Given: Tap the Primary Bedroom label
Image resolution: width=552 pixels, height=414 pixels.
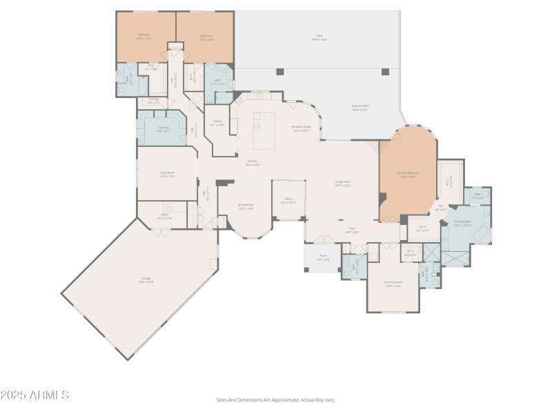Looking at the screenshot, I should pos(407,174).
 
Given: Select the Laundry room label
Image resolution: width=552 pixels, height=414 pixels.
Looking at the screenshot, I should pos(163,128).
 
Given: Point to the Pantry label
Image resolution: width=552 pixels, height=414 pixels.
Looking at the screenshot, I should pos(217,123).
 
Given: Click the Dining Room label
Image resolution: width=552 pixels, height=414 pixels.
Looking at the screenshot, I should pos(246,206).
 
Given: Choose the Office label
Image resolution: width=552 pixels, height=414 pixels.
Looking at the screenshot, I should pos(288,201).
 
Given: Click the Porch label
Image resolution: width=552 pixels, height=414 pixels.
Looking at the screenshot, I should pos(322,257).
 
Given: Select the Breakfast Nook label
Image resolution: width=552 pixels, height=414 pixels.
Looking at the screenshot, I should pos(301,128).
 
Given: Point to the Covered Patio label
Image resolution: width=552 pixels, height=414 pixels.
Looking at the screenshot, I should pos(359,108).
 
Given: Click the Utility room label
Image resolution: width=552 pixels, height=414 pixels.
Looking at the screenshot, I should pos(164,217).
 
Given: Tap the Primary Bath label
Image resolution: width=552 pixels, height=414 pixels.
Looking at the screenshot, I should pos(462,222).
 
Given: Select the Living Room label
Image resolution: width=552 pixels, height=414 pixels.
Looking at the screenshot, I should pos(343,184).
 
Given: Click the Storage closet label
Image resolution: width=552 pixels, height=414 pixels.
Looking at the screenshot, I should pos(154,101).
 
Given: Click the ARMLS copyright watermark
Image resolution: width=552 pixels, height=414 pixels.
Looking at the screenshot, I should pos(34,395).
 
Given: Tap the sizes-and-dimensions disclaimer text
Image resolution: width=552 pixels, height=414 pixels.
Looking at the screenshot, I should pos(275,400).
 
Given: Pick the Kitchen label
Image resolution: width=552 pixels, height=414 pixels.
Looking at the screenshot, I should pos(252,163).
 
